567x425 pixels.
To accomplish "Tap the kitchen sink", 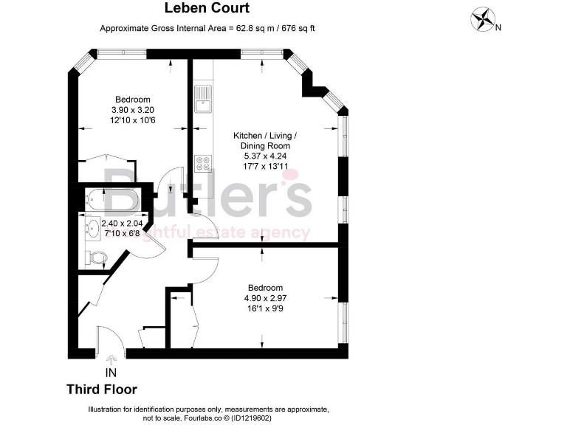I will tap(202, 98).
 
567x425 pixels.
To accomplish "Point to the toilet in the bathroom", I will tap(96, 257).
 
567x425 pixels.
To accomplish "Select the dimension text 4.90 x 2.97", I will tap(264, 298).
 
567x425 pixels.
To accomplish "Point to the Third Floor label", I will tap(102, 390).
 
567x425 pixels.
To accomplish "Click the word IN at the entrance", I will tap(111, 373).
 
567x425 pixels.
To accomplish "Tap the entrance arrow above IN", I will tap(111, 361).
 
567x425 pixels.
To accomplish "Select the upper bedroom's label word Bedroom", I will tap(133, 100).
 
